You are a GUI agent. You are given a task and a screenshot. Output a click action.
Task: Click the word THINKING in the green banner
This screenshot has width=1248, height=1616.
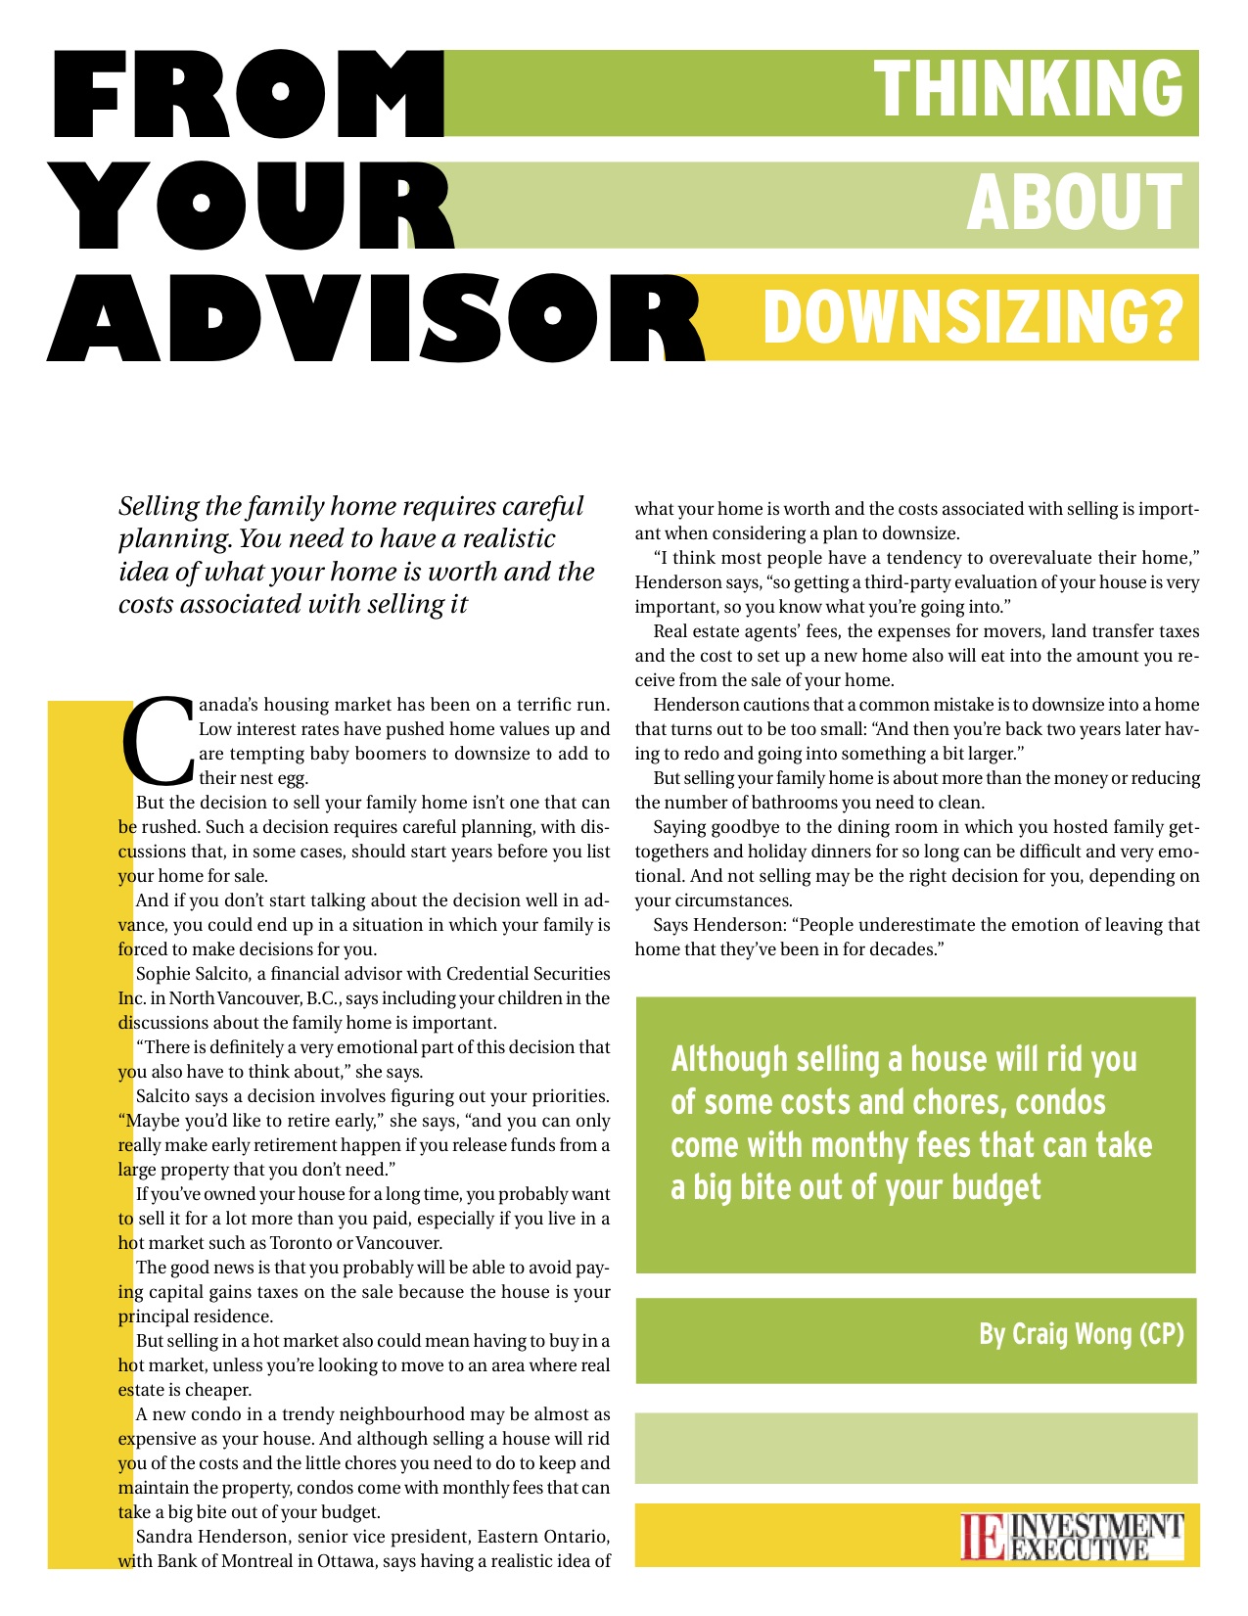point(1028,88)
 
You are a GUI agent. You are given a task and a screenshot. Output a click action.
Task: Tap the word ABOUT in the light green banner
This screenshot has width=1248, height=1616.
point(1074,203)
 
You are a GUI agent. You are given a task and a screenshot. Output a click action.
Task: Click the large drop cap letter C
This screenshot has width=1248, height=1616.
point(157,741)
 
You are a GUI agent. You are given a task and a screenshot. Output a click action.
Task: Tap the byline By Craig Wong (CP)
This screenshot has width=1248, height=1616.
point(1081,1334)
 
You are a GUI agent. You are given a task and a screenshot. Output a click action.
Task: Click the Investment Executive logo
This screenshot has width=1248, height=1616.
point(1072,1537)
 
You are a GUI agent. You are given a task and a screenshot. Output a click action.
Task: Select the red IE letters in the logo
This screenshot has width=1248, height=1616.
point(983,1538)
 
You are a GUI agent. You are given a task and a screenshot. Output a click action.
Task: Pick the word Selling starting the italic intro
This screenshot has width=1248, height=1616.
point(157,507)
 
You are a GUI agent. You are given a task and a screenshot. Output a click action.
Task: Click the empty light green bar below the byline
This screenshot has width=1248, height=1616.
point(915,1449)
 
